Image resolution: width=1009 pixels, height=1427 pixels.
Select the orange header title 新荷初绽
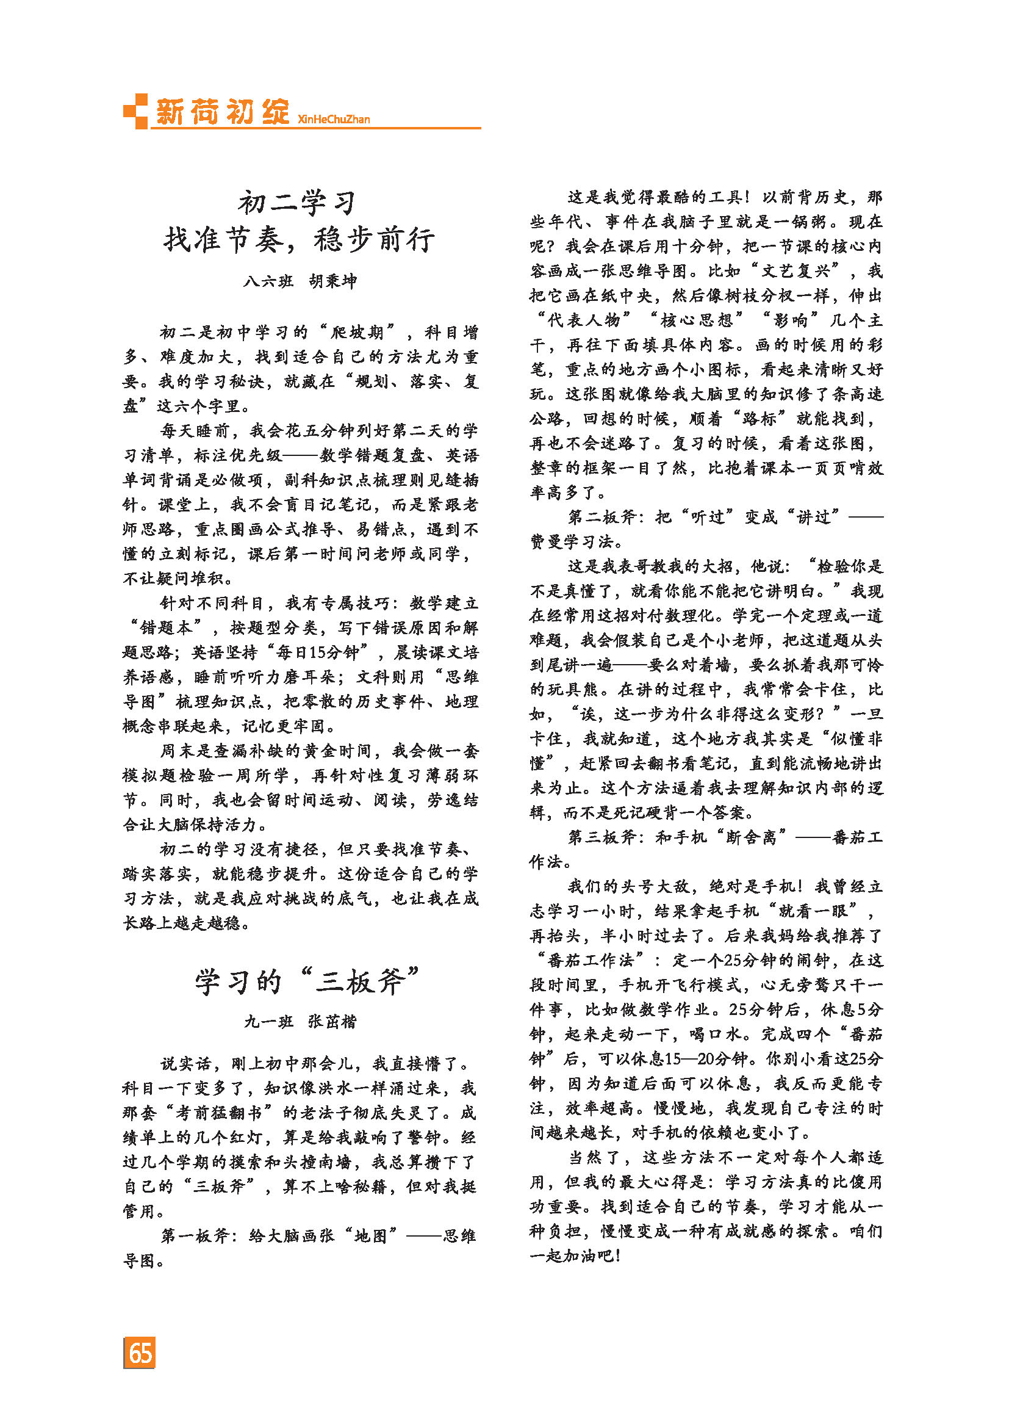pyautogui.click(x=222, y=112)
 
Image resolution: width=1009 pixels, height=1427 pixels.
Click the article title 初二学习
pyautogui.click(x=298, y=203)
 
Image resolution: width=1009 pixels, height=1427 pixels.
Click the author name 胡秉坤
pyautogui.click(x=333, y=281)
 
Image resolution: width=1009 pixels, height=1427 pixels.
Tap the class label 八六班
pyautogui.click(x=268, y=281)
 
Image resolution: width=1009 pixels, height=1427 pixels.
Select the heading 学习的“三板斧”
pyautogui.click(x=307, y=983)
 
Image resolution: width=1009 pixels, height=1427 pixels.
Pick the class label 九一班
pyautogui.click(x=268, y=1022)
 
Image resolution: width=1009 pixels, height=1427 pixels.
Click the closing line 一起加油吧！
pyautogui.click(x=575, y=1255)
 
